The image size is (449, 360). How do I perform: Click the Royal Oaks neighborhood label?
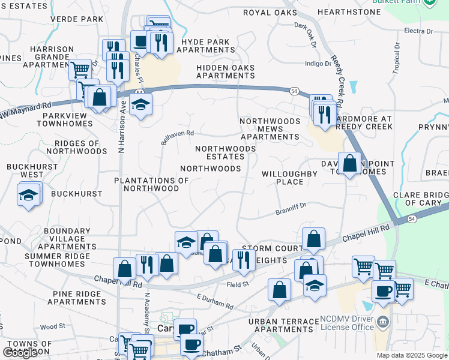(270, 13)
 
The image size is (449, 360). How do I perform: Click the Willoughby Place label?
(289, 178)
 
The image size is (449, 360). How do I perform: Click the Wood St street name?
(52, 326)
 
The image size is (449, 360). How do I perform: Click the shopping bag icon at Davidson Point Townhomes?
(349, 163)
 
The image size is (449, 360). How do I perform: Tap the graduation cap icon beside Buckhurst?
(28, 196)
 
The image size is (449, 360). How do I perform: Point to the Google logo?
(20, 352)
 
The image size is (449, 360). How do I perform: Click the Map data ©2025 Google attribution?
(411, 355)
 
